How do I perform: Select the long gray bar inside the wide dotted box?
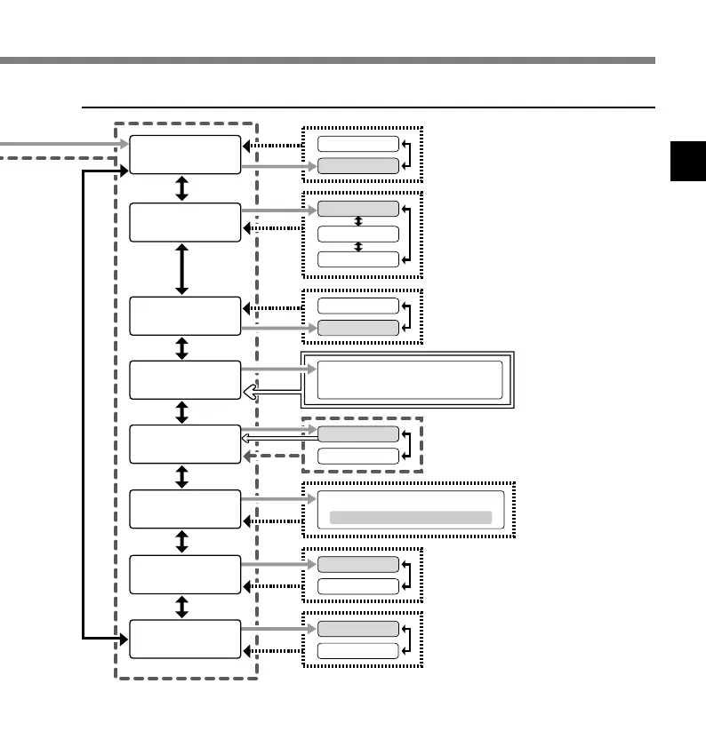(x=410, y=517)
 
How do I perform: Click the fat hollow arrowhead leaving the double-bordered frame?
(x=252, y=393)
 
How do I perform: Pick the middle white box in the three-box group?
(x=358, y=234)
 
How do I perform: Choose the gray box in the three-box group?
(x=358, y=209)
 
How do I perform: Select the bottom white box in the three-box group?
(x=358, y=258)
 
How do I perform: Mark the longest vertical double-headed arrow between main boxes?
(x=182, y=268)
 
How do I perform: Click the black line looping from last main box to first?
(x=83, y=400)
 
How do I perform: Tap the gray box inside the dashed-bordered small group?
(x=358, y=433)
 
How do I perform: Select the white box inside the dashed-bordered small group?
(x=358, y=456)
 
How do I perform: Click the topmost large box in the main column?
(x=185, y=155)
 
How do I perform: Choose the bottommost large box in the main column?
(x=185, y=639)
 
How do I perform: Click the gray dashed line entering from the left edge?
(x=53, y=158)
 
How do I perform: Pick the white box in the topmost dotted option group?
(x=358, y=144)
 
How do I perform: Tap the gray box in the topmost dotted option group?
(x=358, y=165)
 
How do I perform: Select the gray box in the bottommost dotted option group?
(x=358, y=629)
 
